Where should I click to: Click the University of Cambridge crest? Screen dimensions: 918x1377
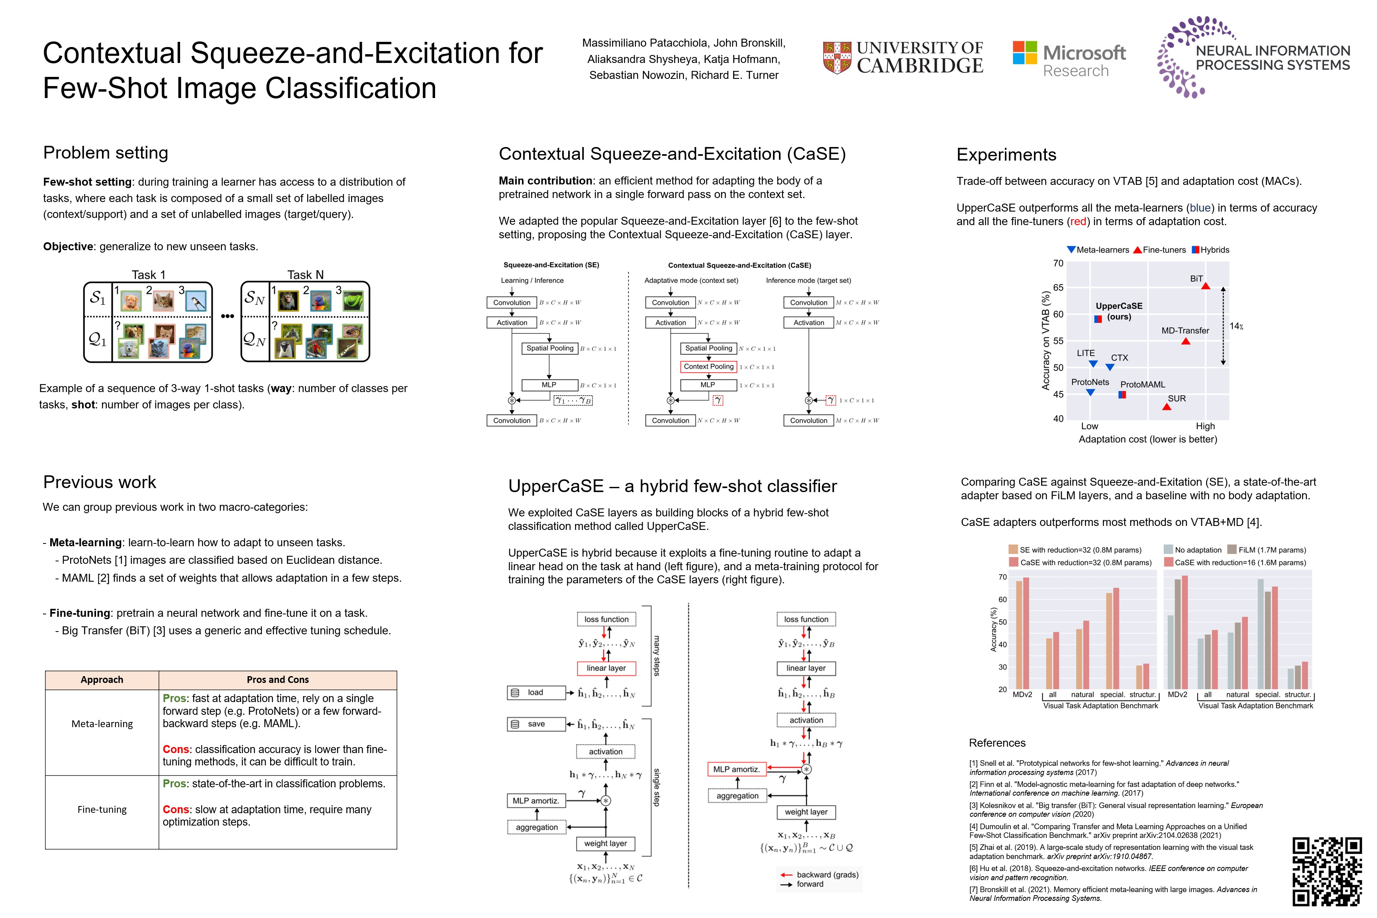(x=837, y=57)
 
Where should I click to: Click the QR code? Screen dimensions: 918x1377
(x=1327, y=871)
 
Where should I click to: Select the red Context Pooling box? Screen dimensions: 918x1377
(x=708, y=367)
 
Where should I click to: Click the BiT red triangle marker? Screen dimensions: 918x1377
(x=1205, y=286)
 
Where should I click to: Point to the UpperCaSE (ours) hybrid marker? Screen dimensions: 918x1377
(x=1098, y=319)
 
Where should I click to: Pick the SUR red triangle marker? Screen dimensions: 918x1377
(x=1166, y=407)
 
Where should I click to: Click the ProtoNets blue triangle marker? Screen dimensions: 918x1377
(x=1090, y=392)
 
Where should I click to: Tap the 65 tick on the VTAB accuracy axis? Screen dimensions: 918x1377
(x=1058, y=287)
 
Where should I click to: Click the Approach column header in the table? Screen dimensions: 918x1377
(x=102, y=680)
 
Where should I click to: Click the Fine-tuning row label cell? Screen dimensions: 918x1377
(x=102, y=810)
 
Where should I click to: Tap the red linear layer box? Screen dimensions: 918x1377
(x=606, y=668)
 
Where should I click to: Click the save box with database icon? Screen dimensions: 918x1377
(x=535, y=724)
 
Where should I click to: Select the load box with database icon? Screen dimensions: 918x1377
(x=535, y=692)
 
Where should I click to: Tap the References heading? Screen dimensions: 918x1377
(x=997, y=743)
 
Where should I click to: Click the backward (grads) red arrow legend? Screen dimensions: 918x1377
(x=820, y=875)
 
